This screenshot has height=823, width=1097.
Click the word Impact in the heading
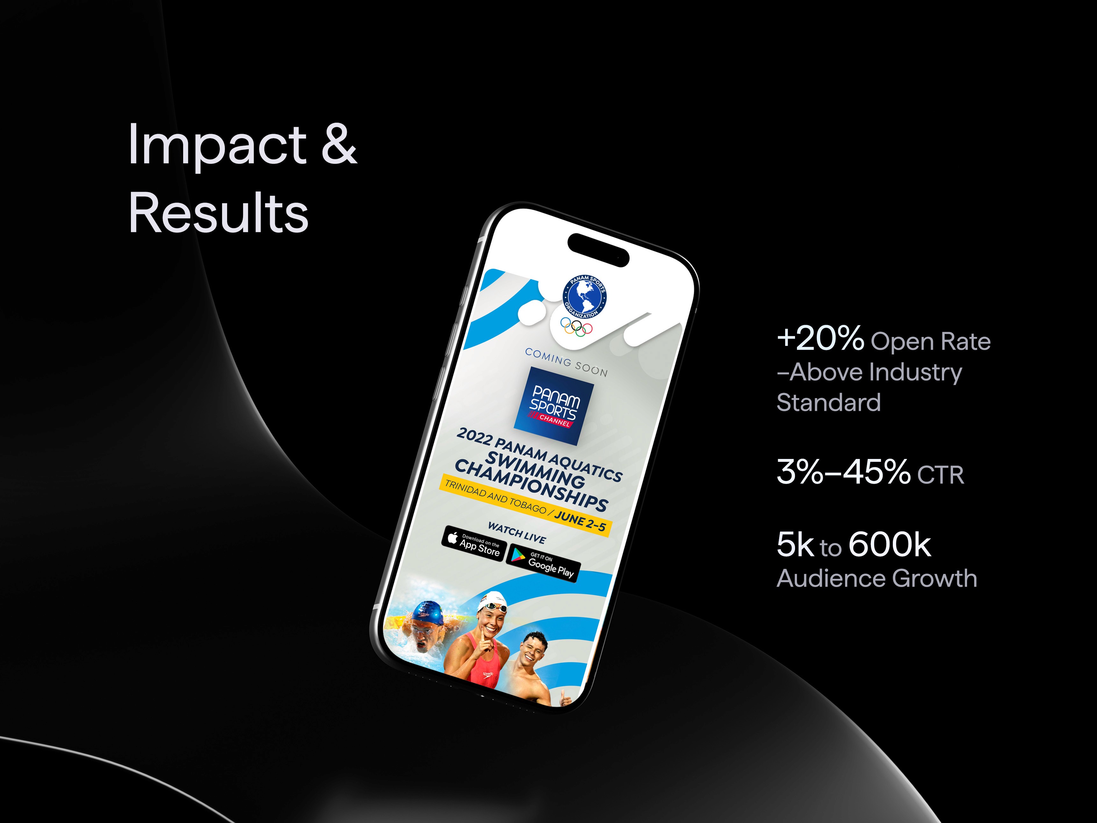click(217, 145)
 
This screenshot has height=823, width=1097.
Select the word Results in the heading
click(218, 213)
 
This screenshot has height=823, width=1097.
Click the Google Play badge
click(543, 564)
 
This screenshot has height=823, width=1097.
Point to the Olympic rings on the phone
click(576, 326)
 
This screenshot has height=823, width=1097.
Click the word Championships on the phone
click(531, 484)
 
